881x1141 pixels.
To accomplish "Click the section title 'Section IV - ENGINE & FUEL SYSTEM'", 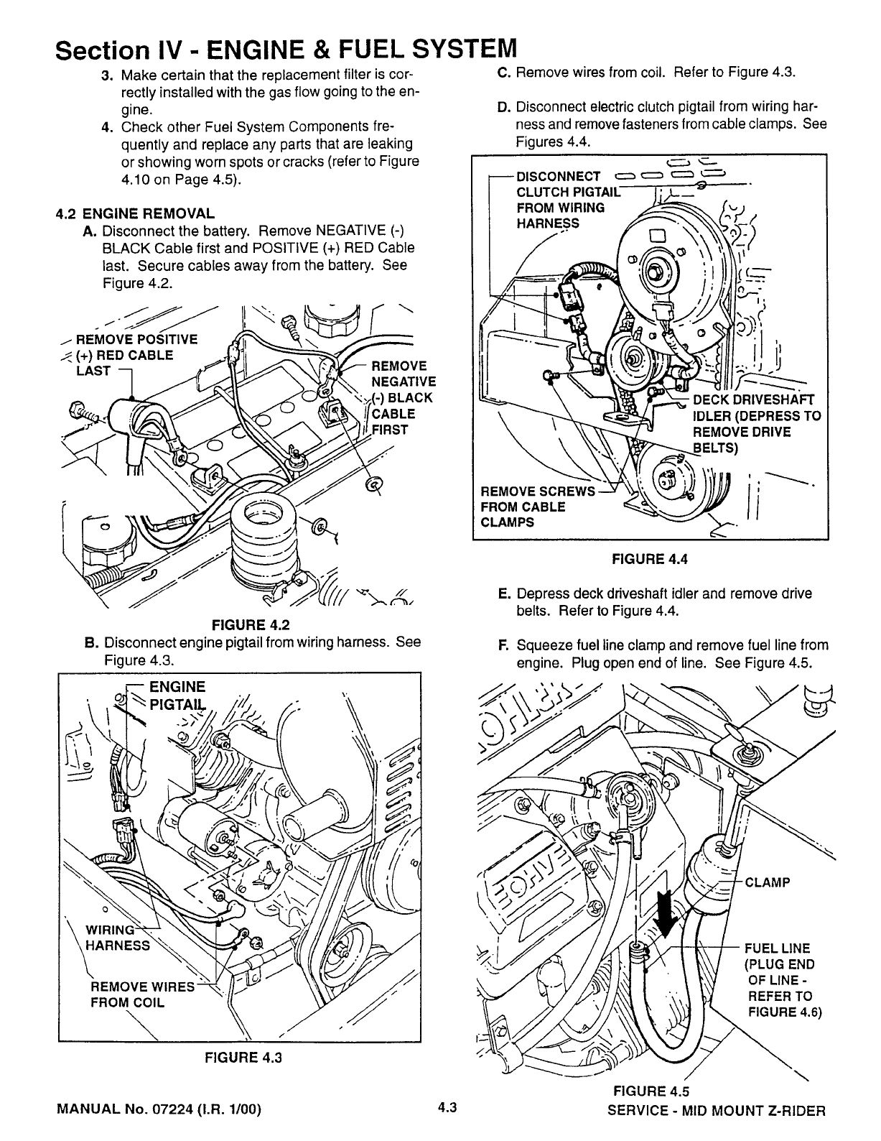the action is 286,50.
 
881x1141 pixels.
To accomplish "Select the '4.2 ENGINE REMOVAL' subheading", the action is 136,213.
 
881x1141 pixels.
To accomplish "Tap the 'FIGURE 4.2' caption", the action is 251,625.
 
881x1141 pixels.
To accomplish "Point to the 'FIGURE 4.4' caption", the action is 650,559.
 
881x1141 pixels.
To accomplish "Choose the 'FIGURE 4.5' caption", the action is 651,1091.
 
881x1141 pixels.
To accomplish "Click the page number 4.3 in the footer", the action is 447,1107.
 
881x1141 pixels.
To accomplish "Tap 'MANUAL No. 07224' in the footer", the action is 128,1109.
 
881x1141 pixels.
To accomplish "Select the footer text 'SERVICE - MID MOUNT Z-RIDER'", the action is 717,1111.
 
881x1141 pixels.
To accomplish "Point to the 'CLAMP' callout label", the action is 767,882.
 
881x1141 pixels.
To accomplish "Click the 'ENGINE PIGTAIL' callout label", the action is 177,696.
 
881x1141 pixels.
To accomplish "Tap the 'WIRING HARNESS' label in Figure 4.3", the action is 118,937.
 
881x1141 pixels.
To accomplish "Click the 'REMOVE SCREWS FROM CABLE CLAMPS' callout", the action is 538,507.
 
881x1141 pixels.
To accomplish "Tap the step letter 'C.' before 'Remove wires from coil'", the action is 504,73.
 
